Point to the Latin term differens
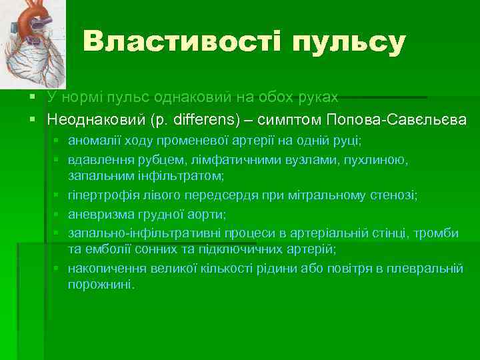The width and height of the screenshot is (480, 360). pyautogui.click(x=201, y=120)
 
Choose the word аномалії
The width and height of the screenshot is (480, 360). pyautogui.click(x=94, y=142)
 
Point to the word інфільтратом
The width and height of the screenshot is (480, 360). pyautogui.click(x=179, y=176)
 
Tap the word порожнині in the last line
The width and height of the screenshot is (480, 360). pyautogui.click(x=99, y=284)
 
